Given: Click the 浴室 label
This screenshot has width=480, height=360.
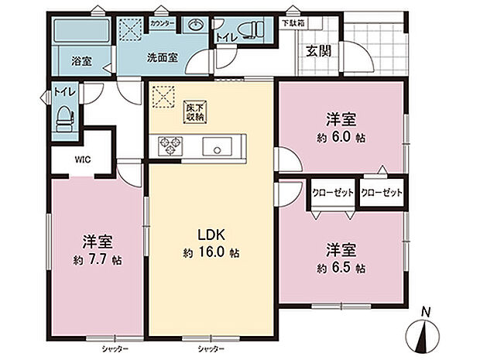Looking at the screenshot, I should tap(82, 61).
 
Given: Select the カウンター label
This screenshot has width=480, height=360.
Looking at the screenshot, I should tap(162, 25).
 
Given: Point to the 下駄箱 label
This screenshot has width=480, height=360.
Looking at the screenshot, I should tap(293, 24).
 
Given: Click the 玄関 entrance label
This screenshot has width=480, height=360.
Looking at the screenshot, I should tap(320, 52).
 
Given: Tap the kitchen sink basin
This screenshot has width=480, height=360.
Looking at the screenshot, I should tap(215, 145).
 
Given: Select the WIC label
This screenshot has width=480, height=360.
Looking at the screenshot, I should tap(83, 160).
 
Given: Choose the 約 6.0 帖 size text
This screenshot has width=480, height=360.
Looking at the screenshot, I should tap(341, 137).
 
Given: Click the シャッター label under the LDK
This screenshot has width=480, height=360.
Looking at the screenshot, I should tap(211, 349).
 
